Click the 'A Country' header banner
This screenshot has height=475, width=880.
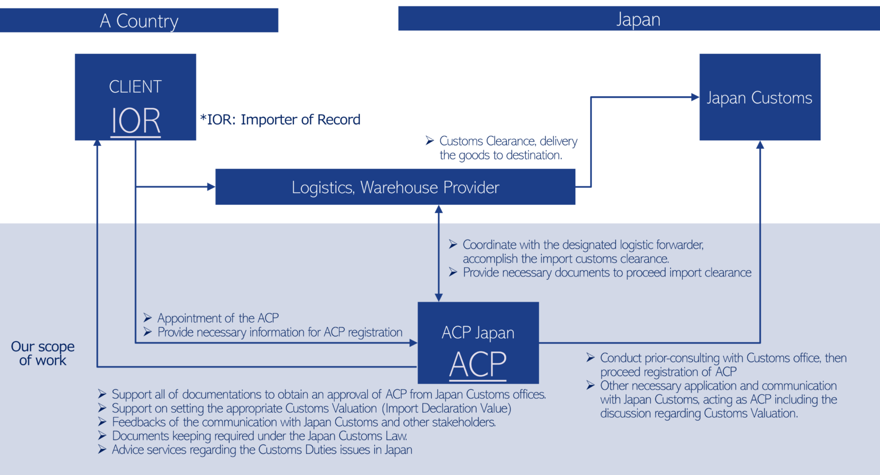[139, 21]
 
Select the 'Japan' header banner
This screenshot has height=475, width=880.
[638, 19]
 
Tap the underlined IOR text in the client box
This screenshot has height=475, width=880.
[135, 121]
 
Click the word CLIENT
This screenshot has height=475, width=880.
[135, 87]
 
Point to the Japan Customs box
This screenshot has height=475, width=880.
[760, 97]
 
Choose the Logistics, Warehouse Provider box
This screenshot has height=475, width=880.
[395, 187]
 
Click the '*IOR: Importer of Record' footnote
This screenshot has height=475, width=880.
[280, 120]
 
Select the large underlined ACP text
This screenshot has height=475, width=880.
[478, 365]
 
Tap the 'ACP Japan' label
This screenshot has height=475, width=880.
[478, 333]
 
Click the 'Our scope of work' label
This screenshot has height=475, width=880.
[43, 353]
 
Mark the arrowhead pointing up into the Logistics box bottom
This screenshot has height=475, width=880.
[439, 210]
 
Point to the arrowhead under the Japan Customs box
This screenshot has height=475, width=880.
[760, 145]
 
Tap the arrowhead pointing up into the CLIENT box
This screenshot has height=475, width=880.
[97, 144]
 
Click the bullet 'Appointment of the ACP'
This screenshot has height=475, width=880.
[218, 318]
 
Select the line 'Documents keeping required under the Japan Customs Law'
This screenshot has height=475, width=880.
[259, 436]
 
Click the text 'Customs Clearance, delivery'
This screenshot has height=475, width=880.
[508, 141]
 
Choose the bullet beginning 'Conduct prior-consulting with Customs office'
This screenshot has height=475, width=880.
[723, 358]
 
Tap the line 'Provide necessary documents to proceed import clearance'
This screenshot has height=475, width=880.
[607, 273]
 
